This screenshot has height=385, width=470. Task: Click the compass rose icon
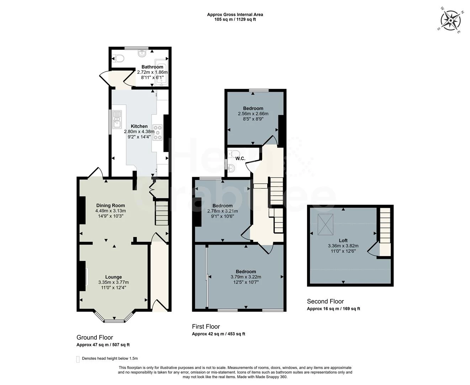tap(451, 21)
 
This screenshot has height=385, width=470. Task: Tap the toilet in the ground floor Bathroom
tap(117, 58)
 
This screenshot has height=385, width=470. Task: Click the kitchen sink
tap(117, 119)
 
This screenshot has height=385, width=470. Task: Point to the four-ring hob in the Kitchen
tap(158, 132)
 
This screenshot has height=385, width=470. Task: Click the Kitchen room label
tap(139, 126)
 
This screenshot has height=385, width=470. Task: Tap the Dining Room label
tap(111, 205)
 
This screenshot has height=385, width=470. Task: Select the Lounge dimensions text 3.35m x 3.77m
tap(113, 282)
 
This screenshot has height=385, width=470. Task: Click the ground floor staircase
tap(161, 213)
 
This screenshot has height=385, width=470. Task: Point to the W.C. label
tap(241, 158)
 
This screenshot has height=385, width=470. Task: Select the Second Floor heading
tap(325, 301)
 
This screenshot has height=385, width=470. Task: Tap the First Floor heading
tap(206, 327)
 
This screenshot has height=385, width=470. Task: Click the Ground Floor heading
tap(95, 337)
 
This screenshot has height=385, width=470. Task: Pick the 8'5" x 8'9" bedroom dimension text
tap(253, 119)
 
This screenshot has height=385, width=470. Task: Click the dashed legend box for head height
tap(78, 359)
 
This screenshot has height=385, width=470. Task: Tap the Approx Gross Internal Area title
tap(235, 15)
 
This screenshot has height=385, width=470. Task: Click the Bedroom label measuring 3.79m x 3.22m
tap(246, 272)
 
